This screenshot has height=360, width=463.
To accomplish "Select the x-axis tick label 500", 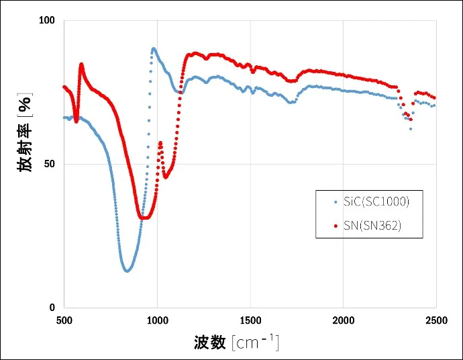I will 64,320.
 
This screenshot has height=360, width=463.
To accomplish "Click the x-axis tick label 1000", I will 157,320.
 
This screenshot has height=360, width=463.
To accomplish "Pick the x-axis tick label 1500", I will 250,320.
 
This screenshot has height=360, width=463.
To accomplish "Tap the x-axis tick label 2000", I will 343,320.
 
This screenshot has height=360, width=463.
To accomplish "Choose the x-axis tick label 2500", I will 436,320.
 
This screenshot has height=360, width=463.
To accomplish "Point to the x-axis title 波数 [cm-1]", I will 236,343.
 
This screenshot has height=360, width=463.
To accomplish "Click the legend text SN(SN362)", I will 372,226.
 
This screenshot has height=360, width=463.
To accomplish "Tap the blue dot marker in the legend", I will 335,201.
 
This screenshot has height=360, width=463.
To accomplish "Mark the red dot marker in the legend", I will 335,226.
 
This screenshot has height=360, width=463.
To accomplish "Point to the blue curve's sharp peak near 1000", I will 154,48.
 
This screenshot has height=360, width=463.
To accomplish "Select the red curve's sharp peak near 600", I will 81,64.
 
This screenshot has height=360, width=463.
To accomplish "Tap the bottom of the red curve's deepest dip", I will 143,218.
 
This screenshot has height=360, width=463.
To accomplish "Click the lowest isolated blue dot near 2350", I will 411,128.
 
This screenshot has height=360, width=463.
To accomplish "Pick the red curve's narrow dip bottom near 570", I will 76,122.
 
